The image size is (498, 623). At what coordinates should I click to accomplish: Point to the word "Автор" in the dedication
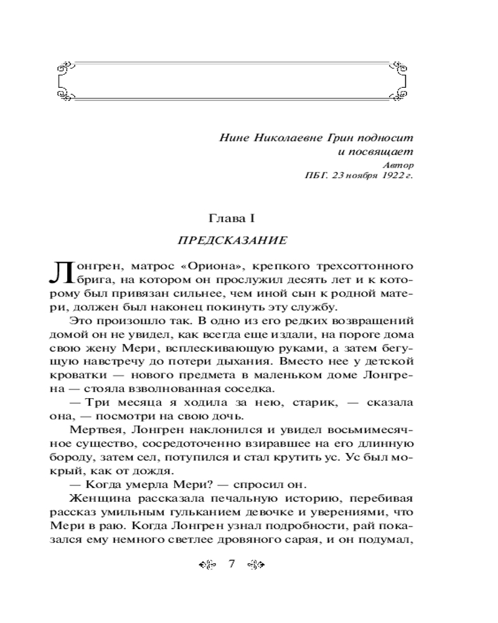click(x=398, y=164)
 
